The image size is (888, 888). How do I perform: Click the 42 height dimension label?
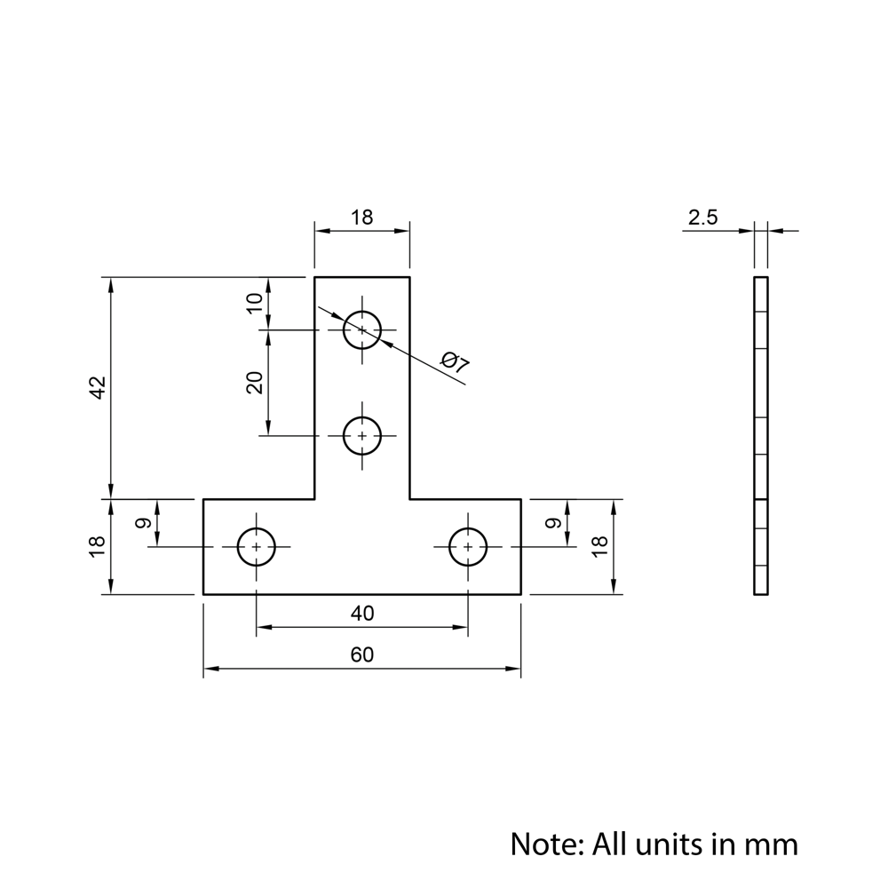pos(98,387)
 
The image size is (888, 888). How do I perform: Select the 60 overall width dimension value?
pos(361,655)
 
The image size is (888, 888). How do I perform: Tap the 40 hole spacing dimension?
pos(362,613)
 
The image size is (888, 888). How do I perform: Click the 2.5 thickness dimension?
pos(702,218)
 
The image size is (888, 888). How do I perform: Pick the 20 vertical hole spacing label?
pos(255,383)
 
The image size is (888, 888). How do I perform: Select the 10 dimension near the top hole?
pos(255,303)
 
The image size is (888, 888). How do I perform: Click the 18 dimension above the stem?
pos(361,218)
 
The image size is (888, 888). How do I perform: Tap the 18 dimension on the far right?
pos(599,546)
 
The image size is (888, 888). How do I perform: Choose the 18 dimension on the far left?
pos(98,546)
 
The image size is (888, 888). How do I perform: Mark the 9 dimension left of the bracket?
pos(143,523)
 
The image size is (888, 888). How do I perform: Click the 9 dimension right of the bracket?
pos(553,523)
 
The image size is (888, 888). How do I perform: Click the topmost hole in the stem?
pos(362,329)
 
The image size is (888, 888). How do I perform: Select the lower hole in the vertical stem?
pos(362,435)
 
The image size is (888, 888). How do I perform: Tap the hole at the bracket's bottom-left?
pos(257,547)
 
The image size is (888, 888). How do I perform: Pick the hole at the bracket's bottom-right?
pos(468,547)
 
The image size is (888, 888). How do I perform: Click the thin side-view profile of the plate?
pos(761,435)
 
